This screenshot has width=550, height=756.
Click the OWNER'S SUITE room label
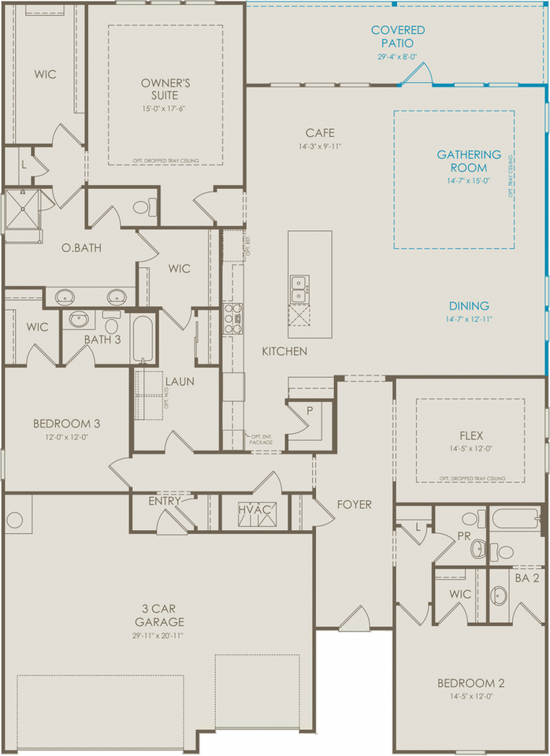[165, 88]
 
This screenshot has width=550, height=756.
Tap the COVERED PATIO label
[398, 37]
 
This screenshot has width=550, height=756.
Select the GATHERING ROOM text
[469, 161]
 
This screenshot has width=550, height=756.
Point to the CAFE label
[321, 133]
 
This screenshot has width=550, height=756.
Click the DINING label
[469, 306]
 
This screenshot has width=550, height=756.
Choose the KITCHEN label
[285, 351]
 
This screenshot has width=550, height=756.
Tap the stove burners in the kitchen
[232, 319]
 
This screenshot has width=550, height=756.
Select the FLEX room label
[470, 435]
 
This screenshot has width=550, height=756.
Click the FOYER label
[355, 504]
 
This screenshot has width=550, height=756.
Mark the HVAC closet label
[255, 511]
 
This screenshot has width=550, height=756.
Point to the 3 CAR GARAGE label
[165, 615]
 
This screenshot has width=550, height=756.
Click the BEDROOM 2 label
[470, 683]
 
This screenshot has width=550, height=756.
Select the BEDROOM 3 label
[66, 424]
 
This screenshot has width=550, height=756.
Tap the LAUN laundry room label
[180, 382]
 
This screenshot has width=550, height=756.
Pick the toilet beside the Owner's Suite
[141, 208]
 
